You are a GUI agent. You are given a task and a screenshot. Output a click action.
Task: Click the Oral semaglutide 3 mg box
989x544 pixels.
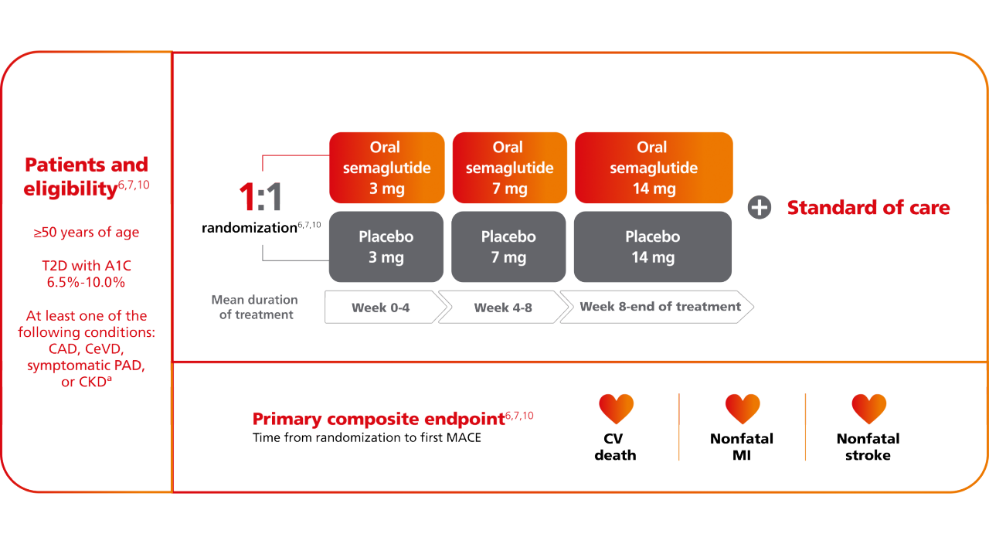[387, 168]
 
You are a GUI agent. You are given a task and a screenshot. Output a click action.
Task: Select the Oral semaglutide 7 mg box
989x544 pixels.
[509, 168]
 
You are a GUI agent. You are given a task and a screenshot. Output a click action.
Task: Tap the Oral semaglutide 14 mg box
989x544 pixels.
[654, 168]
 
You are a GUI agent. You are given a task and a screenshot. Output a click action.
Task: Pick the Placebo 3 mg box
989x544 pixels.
[386, 246]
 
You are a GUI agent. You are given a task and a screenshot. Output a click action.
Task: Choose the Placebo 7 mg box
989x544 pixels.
[508, 246]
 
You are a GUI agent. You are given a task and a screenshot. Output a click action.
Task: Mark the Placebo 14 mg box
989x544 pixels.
[653, 246]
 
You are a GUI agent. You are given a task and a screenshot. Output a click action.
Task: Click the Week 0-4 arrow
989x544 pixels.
[386, 307]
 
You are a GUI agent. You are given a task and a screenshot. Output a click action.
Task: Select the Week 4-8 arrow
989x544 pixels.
[503, 307]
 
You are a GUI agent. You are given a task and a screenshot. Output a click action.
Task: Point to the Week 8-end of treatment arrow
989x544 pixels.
[657, 307]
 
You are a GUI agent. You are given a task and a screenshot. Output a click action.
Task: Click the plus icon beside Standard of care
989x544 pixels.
[760, 208]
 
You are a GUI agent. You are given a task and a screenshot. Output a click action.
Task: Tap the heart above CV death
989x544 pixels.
[616, 409]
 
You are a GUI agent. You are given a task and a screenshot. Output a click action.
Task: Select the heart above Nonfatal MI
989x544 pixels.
[743, 409]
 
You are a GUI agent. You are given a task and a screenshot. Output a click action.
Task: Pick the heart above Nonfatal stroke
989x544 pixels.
[869, 409]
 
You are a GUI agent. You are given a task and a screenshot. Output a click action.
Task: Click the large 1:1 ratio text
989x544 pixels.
[260, 197]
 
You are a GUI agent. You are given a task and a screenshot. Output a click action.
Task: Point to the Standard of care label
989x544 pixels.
[868, 208]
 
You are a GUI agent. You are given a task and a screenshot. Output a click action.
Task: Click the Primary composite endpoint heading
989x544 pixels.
[379, 419]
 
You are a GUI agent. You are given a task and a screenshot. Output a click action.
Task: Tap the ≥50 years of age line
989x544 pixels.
[87, 233]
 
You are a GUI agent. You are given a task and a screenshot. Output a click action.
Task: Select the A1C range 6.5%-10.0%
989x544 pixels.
[86, 282]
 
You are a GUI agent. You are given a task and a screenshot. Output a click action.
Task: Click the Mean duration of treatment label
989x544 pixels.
[255, 307]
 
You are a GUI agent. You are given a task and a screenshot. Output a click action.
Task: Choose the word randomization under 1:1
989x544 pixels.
[250, 228]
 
